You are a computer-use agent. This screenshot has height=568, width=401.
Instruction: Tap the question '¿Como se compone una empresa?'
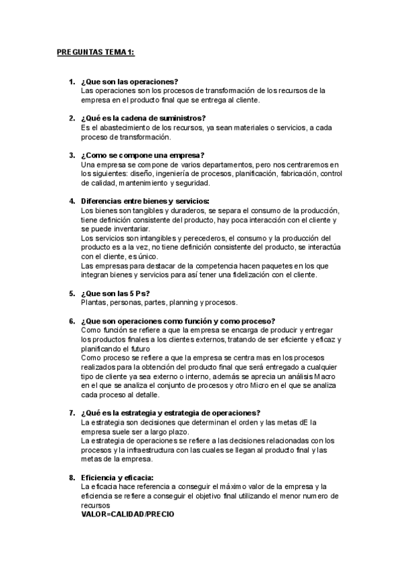click(142, 155)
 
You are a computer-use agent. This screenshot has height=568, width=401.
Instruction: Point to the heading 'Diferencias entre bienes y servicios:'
click(145, 201)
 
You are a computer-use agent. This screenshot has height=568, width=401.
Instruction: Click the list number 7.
click(72, 413)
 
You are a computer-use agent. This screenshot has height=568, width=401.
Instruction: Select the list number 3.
click(72, 155)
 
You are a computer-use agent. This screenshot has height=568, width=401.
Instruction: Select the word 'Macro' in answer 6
click(329, 376)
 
